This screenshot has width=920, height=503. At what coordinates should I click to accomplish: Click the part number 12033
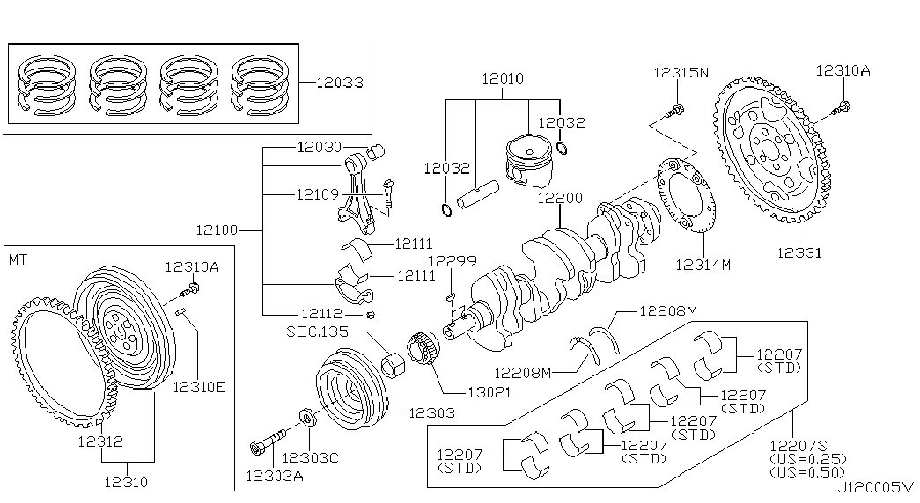[340, 83]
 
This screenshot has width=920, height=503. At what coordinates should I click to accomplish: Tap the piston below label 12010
[529, 161]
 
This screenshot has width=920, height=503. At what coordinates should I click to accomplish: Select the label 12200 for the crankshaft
[560, 198]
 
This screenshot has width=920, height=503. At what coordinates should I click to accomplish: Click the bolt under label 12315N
[674, 109]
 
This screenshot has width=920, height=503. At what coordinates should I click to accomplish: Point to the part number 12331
[799, 252]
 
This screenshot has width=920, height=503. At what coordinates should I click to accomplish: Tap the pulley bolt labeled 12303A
[268, 443]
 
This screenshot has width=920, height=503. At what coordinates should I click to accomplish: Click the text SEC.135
[317, 332]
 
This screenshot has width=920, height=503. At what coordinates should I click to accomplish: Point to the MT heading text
[18, 259]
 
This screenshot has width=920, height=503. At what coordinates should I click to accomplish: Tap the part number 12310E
[199, 388]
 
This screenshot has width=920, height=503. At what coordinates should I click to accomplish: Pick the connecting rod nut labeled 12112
[370, 316]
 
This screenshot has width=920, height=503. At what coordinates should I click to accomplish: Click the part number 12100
[217, 230]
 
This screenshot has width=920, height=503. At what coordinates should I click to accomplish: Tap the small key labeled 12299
[450, 295]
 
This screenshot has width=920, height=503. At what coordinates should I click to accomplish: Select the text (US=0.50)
[808, 472]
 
